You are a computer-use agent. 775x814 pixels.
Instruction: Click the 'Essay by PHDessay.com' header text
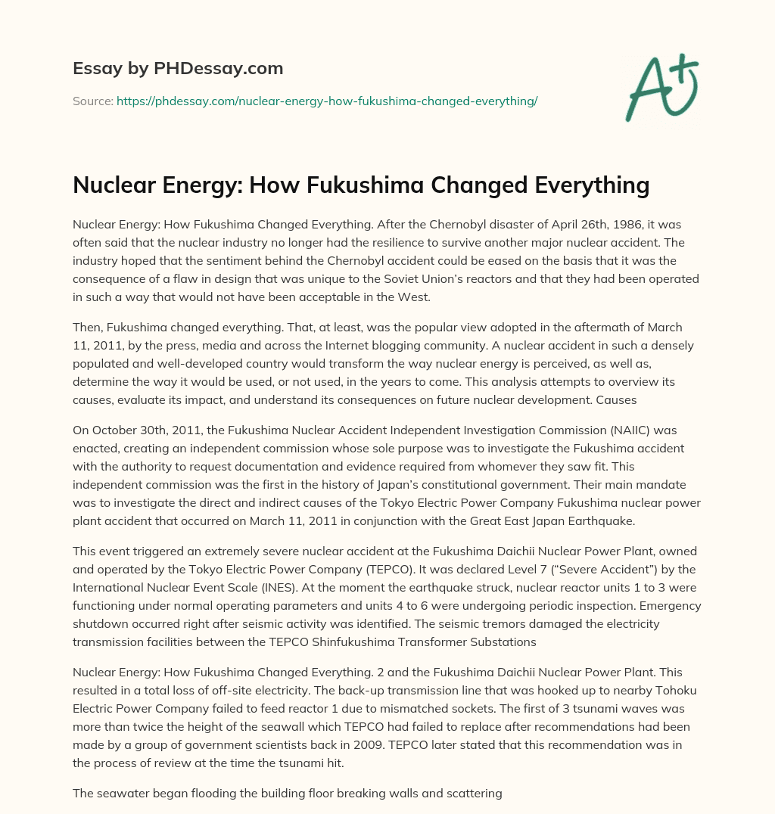[x=178, y=68]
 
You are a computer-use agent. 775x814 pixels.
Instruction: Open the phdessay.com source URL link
[x=327, y=101]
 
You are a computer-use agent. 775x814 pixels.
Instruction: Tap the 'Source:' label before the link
[x=93, y=101]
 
